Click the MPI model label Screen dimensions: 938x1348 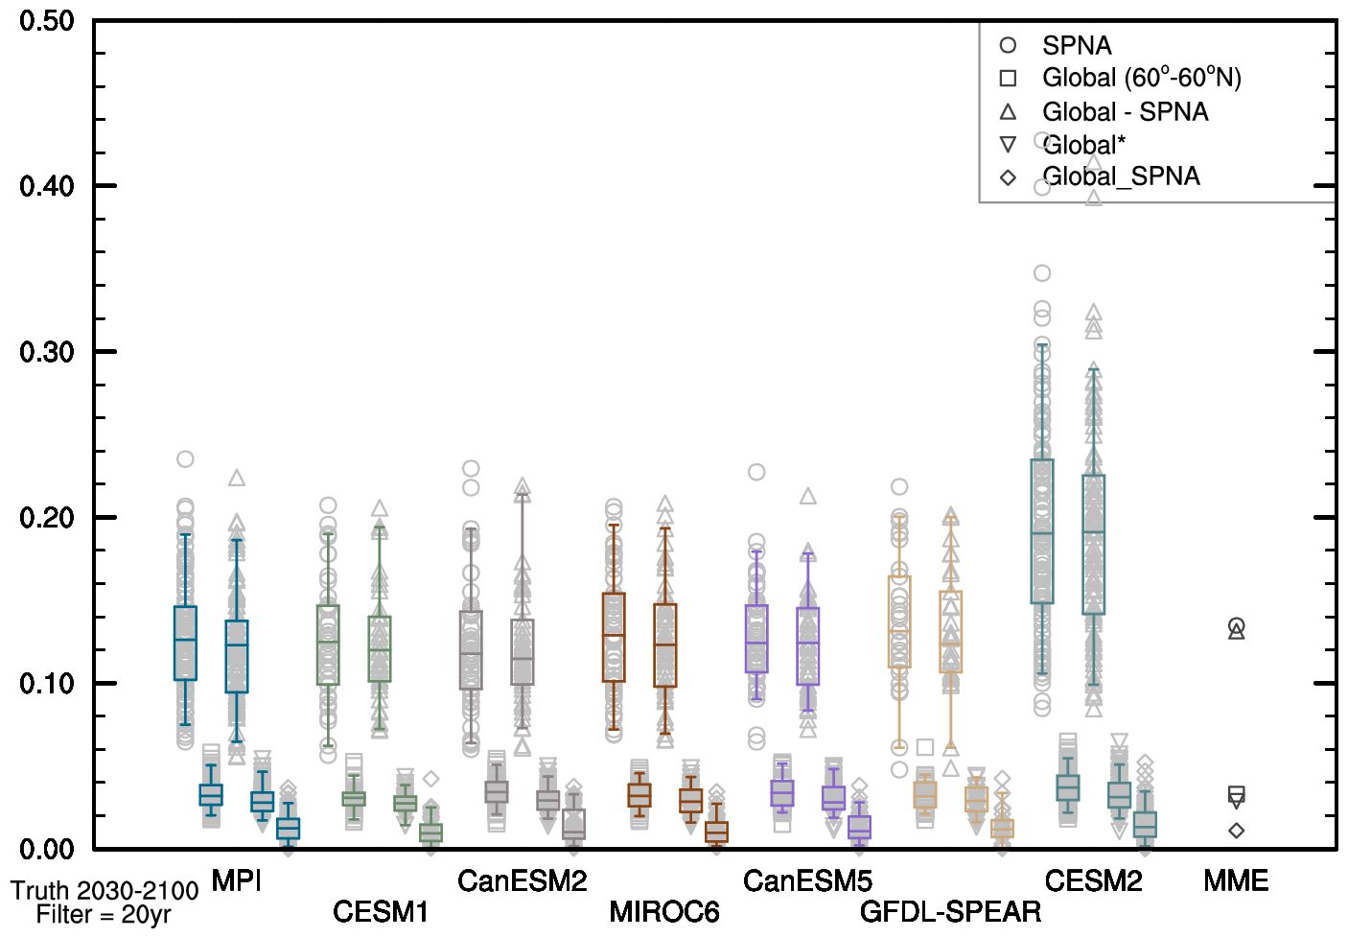point(236,880)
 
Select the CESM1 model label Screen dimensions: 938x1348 point(380,911)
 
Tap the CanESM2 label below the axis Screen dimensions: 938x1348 point(522,880)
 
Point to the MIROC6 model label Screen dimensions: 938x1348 point(664,911)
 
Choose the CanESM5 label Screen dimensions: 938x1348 point(807,880)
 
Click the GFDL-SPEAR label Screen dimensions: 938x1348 point(950,911)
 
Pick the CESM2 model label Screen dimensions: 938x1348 point(1093,880)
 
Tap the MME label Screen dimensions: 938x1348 point(1236,880)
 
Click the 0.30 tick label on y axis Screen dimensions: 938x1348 point(47,352)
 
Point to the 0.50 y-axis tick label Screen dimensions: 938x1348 point(47,21)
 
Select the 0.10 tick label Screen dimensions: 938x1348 point(47,684)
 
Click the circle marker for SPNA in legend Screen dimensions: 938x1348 point(1008,45)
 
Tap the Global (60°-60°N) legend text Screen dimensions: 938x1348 point(1141,78)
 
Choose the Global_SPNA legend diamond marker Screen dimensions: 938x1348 point(1008,177)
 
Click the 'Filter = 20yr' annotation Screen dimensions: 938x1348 point(104,915)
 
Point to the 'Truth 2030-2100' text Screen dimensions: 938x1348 point(105,891)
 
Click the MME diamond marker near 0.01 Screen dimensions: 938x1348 point(1237,831)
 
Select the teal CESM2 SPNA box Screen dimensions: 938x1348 point(1042,531)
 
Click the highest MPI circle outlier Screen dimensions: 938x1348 point(185,459)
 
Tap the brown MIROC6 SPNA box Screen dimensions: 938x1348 point(614,638)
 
